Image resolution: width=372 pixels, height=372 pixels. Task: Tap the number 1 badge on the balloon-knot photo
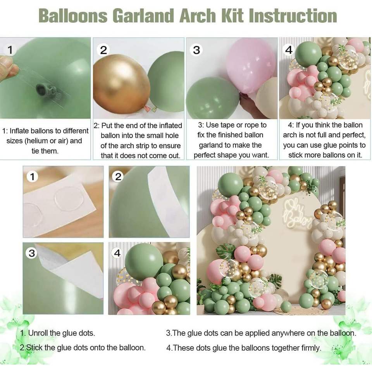tap(10, 50)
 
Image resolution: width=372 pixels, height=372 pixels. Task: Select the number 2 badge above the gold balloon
tap(103, 50)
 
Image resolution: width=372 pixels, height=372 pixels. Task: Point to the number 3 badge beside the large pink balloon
tap(196, 50)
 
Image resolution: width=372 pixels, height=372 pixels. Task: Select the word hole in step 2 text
tap(170, 136)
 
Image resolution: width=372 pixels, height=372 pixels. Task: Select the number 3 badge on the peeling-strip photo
tap(31, 253)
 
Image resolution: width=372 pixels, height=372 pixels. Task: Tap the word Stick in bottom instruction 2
tap(34, 348)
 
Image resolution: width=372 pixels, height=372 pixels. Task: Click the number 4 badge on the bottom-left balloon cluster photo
tap(117, 253)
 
